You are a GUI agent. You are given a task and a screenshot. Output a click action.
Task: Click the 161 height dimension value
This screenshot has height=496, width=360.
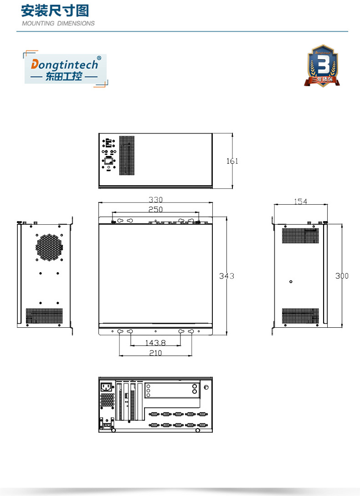coord(232,161)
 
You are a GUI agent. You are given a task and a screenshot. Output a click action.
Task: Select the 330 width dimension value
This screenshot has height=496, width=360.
coord(155,200)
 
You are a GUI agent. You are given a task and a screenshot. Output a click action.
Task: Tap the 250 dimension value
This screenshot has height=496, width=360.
coord(155,209)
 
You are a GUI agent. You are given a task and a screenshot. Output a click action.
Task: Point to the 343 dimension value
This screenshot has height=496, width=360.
coord(226,276)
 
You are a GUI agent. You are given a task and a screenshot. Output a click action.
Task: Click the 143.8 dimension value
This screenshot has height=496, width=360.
coord(155,342)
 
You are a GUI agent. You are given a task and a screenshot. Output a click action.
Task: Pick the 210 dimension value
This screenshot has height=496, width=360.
coord(155,353)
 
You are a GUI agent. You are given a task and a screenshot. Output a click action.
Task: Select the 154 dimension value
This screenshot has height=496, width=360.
coord(300,201)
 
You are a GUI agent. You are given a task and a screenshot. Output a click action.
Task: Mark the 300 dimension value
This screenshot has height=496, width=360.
coord(342,276)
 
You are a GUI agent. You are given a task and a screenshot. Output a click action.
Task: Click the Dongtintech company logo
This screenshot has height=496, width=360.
coord(65,67)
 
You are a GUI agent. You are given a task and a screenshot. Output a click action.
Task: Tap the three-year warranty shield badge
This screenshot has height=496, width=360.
coord(323,66)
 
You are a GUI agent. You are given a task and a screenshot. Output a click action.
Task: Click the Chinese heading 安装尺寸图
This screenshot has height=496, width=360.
coord(55,11)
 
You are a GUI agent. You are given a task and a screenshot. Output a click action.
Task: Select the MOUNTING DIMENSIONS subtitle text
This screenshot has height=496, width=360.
coord(58,23)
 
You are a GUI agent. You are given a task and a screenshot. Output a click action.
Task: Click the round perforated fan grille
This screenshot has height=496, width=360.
coord(49,248)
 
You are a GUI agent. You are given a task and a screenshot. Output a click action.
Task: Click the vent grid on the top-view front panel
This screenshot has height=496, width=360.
coord(127,155)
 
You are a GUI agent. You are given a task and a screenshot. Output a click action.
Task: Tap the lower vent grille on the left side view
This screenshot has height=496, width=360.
coord(44,316)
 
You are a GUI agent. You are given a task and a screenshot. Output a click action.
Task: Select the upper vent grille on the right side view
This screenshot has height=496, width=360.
coord(300,235)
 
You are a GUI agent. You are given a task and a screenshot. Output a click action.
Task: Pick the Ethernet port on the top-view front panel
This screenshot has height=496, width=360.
coord(109,161)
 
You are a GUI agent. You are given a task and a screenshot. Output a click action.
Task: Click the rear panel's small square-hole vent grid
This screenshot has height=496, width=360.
coord(107,400)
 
